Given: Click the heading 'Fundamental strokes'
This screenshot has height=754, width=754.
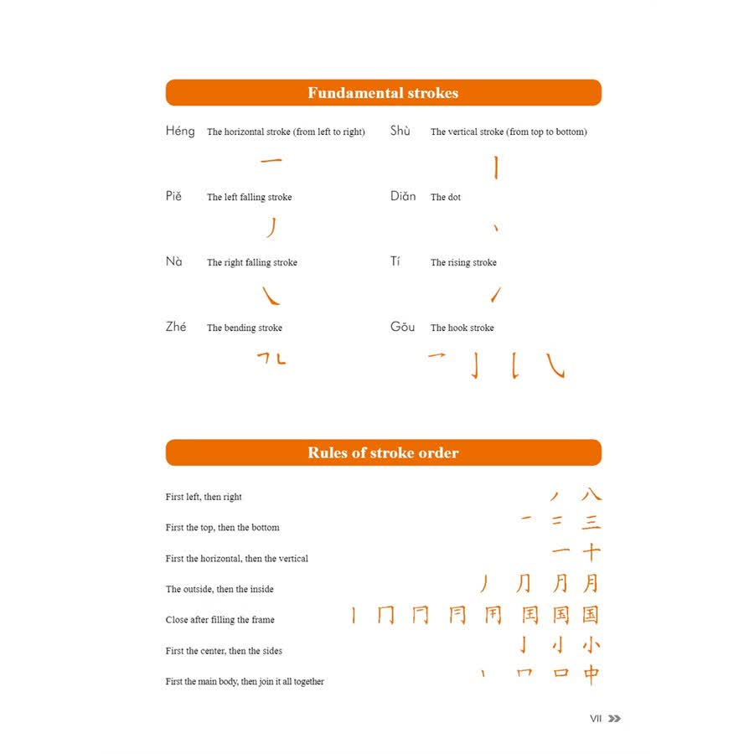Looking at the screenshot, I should pos(383,93).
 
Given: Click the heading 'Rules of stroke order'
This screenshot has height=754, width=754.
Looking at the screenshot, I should pos(383,453).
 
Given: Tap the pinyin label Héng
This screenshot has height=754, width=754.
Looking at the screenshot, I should pos(180,131).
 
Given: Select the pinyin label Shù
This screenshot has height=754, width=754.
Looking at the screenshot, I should pos(400,131).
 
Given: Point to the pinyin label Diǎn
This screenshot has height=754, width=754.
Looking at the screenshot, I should pos(403,196).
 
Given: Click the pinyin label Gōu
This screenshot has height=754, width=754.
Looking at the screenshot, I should pos(403,327).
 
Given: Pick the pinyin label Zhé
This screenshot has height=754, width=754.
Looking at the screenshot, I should pos(176,327).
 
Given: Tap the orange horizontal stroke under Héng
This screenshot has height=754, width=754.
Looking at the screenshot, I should pos(271,162).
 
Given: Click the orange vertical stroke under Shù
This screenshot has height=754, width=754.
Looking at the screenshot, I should pos(495,168).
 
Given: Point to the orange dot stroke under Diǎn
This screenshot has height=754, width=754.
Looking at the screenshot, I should pos(496,228).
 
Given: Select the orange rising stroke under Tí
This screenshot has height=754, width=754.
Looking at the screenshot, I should pos(496,294).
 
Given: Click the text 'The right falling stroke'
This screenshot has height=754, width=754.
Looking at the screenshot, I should pos(252,262).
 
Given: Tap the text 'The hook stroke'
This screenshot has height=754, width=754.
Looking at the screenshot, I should pos(462,328).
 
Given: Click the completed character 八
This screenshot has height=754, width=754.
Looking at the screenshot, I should pos(591,495).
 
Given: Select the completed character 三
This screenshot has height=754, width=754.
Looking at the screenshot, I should pos(591,522).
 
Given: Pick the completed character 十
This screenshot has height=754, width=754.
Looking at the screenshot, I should pos(591,553).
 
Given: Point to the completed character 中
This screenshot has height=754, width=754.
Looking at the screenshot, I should pos(591,674).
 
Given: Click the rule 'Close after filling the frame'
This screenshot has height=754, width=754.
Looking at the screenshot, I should pos(220,620).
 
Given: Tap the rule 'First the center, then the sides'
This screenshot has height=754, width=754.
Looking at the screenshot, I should pos(225,651).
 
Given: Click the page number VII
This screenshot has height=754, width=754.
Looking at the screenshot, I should pos(596,718).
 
